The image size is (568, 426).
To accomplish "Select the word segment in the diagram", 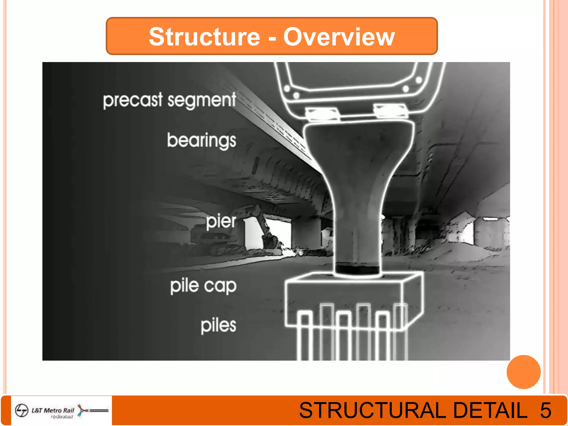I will (x=202, y=100).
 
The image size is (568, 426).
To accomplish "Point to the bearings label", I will (x=202, y=141).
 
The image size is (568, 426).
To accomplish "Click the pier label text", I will (x=221, y=222).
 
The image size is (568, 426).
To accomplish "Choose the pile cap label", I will (x=203, y=286).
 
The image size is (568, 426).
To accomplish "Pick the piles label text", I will (x=219, y=325).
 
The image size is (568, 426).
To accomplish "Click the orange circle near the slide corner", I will (x=523, y=372).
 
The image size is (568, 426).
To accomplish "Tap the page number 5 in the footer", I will (x=545, y=410).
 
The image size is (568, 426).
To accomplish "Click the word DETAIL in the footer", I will (x=490, y=410).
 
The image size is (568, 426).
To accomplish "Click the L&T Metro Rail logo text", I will (x=53, y=410).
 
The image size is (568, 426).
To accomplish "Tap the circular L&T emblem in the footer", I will (x=22, y=410).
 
